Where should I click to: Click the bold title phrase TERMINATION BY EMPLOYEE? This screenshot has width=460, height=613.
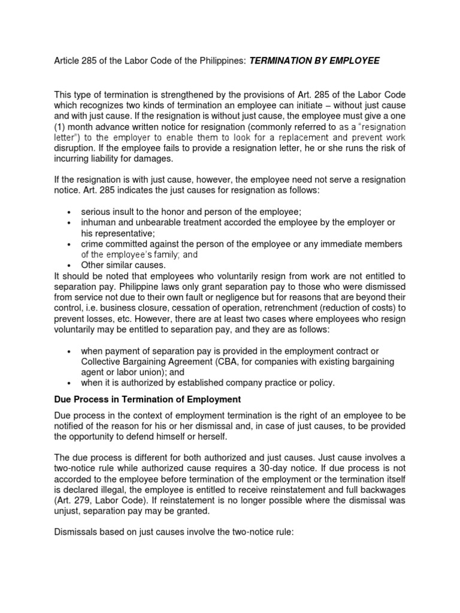[314, 62]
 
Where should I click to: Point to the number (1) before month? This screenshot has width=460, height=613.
[59, 127]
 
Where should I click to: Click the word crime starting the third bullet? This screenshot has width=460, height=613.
[92, 244]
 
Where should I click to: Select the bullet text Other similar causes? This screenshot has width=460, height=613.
[123, 265]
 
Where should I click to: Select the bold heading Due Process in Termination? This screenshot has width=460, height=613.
[147, 399]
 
